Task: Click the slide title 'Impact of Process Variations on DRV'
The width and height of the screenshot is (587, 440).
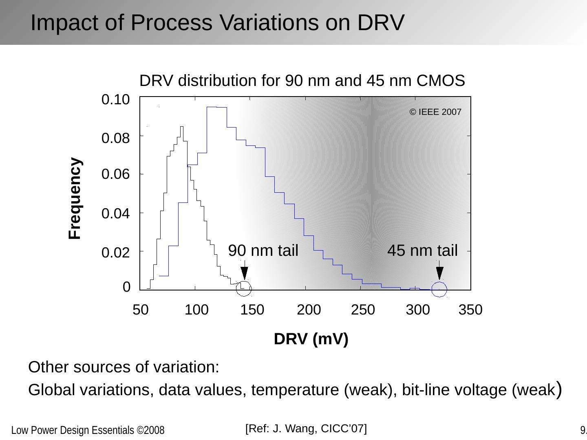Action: pos(217,22)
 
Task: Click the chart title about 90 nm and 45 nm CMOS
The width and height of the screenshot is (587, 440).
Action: pos(302,81)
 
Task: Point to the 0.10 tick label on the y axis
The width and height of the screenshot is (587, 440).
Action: pos(115,99)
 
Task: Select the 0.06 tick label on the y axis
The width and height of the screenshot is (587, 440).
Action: pos(115,174)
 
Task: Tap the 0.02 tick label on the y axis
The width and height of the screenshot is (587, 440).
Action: pos(115,253)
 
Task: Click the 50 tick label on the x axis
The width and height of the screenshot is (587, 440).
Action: pos(141,310)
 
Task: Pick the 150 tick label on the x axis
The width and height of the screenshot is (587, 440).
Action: pos(252,310)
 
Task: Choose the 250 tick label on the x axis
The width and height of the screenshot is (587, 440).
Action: pos(363,310)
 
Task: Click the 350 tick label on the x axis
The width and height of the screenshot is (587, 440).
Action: pos(470,310)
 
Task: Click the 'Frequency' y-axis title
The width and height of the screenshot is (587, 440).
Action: pos(75,198)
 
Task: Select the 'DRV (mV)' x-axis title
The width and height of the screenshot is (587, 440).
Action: pos(311,339)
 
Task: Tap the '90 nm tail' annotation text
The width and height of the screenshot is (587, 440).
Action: pos(263,251)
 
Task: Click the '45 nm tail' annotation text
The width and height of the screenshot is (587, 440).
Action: pos(422,251)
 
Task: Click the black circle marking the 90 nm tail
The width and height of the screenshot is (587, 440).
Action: pos(244,288)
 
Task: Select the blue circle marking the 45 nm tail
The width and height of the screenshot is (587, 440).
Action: pos(439,289)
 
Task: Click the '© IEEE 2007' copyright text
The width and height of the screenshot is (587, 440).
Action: pos(435,112)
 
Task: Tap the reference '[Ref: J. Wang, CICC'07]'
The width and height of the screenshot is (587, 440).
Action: pos(306,429)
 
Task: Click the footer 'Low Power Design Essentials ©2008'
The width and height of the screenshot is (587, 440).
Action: pos(88,431)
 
